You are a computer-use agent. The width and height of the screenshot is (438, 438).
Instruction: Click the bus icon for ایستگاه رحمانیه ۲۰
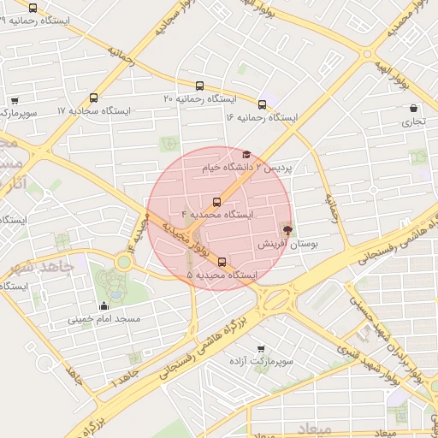point(199,86)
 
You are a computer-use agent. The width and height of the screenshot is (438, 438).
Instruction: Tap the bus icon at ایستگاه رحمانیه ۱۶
point(262,105)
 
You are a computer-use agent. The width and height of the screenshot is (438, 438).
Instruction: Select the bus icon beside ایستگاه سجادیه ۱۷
point(93,98)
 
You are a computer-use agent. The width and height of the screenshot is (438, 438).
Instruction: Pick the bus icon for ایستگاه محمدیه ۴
point(216,202)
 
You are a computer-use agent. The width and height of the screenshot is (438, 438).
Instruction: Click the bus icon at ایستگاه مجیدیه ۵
point(222,262)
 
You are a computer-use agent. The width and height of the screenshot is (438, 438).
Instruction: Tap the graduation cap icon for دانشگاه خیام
point(246,155)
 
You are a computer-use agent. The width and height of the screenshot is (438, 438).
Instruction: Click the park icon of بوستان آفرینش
point(287,229)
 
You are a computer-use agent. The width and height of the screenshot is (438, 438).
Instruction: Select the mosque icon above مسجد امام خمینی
point(104,305)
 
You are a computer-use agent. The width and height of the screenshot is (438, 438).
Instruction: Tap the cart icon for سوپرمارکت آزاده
point(259,348)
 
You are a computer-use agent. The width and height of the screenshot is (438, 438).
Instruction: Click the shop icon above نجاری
point(414,109)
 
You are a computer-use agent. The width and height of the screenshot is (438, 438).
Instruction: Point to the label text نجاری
point(414,122)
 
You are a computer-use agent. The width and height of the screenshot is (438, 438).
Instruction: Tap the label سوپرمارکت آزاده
point(262,362)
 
